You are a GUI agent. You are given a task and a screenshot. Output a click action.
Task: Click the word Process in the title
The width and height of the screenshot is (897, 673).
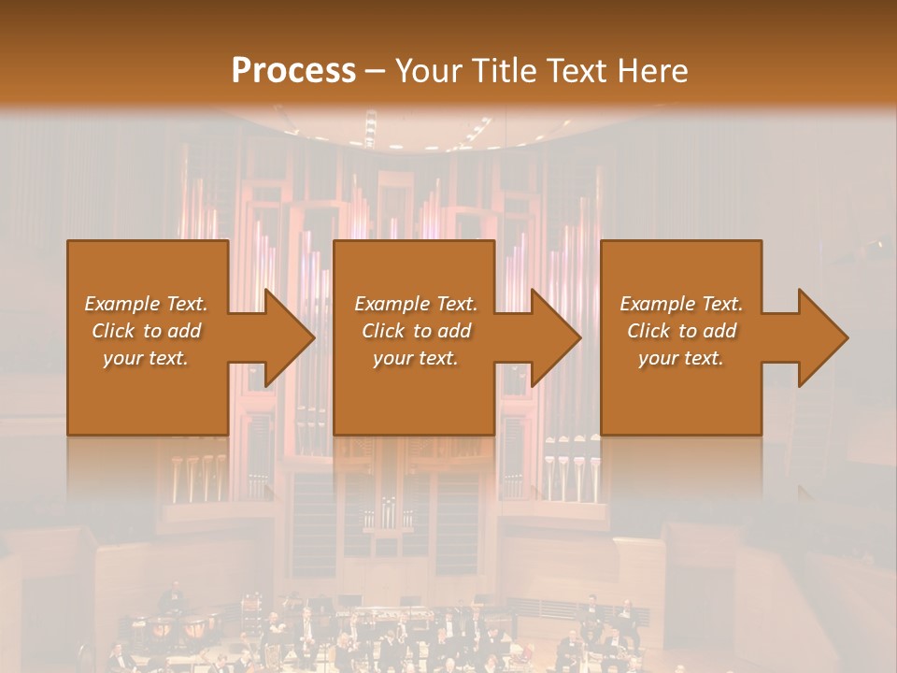pyautogui.click(x=293, y=70)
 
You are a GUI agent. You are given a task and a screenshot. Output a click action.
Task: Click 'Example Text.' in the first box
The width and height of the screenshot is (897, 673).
pyautogui.click(x=146, y=304)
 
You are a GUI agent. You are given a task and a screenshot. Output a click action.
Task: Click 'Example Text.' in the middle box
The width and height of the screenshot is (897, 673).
pyautogui.click(x=416, y=304)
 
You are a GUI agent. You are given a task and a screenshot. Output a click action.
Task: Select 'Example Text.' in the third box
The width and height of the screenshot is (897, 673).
pyautogui.click(x=681, y=304)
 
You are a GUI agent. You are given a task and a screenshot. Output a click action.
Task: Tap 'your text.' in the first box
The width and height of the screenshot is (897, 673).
pyautogui.click(x=146, y=358)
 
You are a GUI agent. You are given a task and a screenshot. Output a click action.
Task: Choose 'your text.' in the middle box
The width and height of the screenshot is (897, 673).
pyautogui.click(x=416, y=358)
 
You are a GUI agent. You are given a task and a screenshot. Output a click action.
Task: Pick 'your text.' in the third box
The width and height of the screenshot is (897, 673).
pyautogui.click(x=681, y=358)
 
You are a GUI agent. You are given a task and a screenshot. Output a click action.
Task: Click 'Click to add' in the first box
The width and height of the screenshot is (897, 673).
pyautogui.click(x=146, y=331)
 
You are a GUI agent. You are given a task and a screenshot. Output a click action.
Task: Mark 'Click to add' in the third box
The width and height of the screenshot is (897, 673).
pyautogui.click(x=681, y=331)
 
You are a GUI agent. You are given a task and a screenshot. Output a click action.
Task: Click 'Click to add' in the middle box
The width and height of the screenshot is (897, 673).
pyautogui.click(x=416, y=331)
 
